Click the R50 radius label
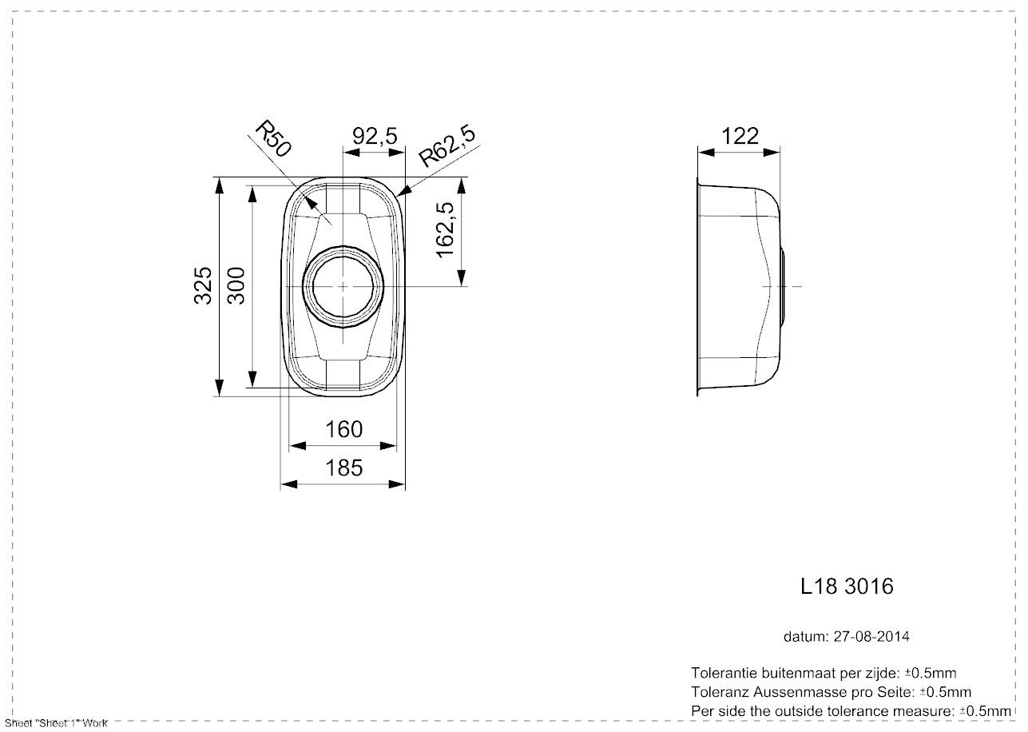coord(272,139)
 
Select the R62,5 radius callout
coord(447,145)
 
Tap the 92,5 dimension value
coord(375,136)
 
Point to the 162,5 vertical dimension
coord(445,229)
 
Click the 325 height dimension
coord(203,285)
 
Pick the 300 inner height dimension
coord(236,285)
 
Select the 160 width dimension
coord(343,429)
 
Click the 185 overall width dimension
coord(343,468)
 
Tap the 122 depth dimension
coord(740,136)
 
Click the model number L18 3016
coord(847,587)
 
